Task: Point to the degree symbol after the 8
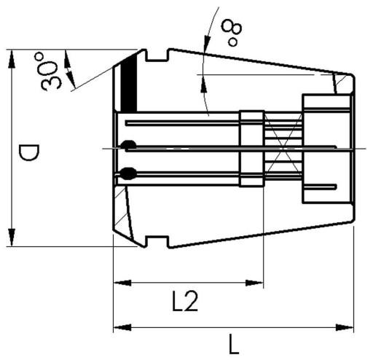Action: pos(232,42)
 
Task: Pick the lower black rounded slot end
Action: pos(129,173)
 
